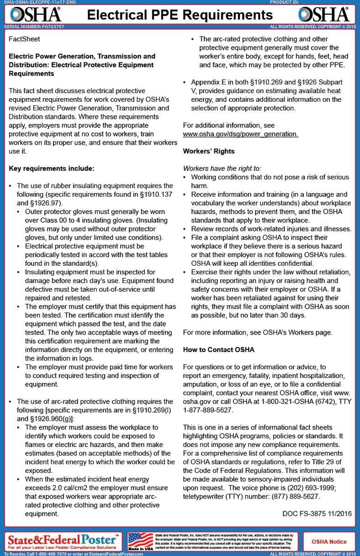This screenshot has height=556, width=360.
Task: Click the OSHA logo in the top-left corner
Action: click(x=36, y=15)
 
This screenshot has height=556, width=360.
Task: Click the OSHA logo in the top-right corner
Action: click(x=324, y=15)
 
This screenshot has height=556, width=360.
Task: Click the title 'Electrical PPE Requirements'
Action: click(x=180, y=15)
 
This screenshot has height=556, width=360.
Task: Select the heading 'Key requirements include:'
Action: click(x=51, y=168)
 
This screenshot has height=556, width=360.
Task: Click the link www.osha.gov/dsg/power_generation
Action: click(x=240, y=134)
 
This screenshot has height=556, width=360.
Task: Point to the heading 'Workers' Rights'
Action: click(x=208, y=151)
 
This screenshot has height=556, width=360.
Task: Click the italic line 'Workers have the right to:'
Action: click(x=222, y=168)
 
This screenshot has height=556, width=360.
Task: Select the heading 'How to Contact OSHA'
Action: click(x=218, y=350)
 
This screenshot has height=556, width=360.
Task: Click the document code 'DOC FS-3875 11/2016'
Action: click(x=317, y=514)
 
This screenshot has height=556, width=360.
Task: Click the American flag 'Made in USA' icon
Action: click(x=141, y=541)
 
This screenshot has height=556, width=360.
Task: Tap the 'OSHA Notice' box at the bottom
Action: click(x=329, y=541)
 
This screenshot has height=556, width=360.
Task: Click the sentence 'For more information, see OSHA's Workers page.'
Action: click(x=258, y=332)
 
